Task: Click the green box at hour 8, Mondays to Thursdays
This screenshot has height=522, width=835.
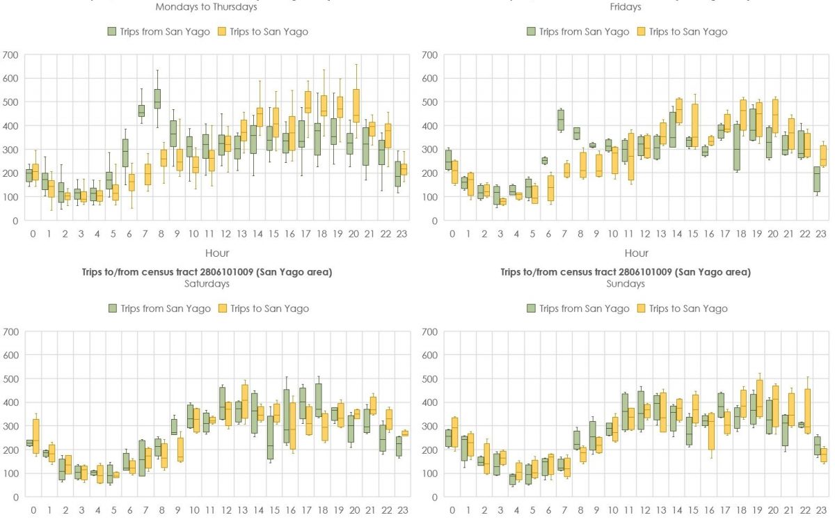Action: (x=157, y=99)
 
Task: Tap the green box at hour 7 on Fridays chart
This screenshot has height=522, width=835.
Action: (x=561, y=120)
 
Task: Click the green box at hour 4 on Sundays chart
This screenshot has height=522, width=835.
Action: (x=512, y=479)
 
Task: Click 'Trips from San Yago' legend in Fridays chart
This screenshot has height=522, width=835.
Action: (x=577, y=31)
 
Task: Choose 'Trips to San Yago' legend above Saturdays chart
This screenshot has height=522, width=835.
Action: (x=262, y=308)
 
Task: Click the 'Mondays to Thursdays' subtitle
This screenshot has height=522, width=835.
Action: (x=206, y=7)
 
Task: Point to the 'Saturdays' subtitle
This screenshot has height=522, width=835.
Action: (x=207, y=284)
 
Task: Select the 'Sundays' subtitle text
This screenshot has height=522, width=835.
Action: (x=626, y=284)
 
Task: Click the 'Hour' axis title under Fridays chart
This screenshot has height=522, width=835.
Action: (x=636, y=253)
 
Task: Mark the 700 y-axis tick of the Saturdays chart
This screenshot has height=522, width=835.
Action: (x=11, y=332)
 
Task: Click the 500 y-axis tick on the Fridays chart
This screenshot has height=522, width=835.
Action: (x=430, y=102)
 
